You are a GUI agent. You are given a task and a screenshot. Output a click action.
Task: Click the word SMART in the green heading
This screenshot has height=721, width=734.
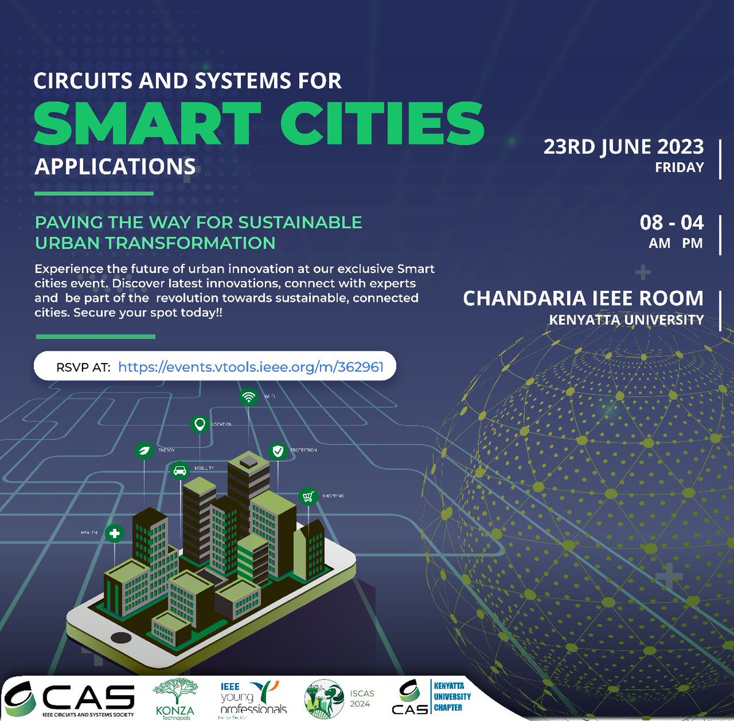click(147, 122)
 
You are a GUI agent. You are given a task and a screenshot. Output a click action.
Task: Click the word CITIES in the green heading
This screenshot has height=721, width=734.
click(382, 122)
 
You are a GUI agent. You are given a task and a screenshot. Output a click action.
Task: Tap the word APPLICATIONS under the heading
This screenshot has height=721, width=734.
click(115, 166)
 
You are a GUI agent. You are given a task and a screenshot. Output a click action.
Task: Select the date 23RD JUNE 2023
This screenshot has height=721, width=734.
click(623, 147)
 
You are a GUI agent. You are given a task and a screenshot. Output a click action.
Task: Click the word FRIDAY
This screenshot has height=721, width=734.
click(679, 167)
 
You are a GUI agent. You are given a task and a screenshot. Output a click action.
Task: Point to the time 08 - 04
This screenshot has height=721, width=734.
click(671, 222)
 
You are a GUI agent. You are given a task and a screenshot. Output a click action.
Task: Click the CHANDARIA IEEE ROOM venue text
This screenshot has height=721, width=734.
click(583, 298)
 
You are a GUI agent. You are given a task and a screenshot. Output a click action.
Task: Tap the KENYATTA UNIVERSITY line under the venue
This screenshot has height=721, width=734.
click(626, 319)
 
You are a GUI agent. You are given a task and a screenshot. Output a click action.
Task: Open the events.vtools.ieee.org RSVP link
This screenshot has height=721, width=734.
click(251, 367)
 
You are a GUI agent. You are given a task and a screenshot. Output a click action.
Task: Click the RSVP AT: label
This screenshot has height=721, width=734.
click(83, 367)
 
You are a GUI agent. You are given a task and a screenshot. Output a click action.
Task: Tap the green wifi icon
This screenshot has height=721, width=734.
click(248, 397)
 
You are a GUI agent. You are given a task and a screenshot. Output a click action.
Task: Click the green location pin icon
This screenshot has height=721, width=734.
click(199, 424)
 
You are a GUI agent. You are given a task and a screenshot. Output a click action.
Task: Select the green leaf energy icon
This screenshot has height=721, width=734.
click(144, 450)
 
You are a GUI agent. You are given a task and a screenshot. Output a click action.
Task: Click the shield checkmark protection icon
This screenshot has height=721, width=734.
click(278, 451)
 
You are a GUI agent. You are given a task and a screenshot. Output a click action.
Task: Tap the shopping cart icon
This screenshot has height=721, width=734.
click(308, 496)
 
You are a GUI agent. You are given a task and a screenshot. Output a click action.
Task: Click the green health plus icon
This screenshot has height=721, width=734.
click(114, 533)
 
